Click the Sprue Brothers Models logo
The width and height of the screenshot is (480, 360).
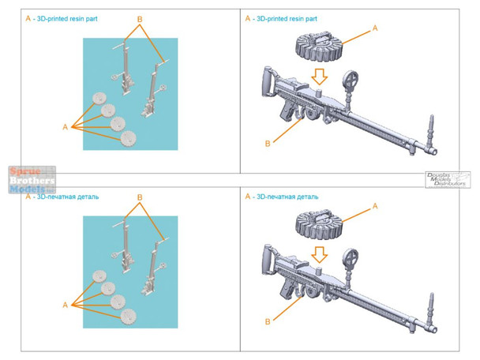(30, 179)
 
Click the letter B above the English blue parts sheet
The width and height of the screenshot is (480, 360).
(141, 19)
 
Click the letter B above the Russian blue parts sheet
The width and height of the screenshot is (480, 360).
(141, 197)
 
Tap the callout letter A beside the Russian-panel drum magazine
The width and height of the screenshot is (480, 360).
(375, 204)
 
